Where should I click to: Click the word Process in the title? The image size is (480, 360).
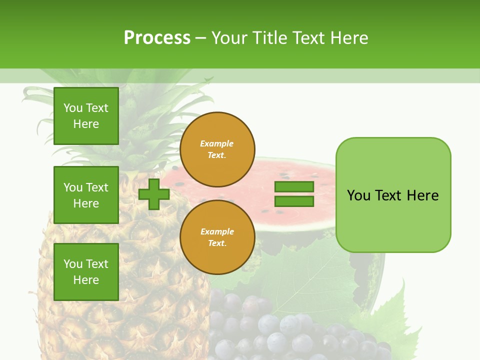(x=157, y=38)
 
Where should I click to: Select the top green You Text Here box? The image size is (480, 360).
(x=86, y=116)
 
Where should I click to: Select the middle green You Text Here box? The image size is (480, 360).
(x=86, y=195)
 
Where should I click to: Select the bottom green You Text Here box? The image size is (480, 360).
(x=86, y=272)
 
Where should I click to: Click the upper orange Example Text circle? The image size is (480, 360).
(x=217, y=149)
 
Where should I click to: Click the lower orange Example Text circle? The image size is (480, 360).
(x=217, y=237)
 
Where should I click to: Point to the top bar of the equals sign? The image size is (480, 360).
(x=294, y=186)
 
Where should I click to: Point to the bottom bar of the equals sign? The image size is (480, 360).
(x=294, y=201)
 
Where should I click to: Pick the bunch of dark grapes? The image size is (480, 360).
(x=280, y=330)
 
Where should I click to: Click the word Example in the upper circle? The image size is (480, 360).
(x=217, y=144)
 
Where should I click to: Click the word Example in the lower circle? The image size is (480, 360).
(x=217, y=232)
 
